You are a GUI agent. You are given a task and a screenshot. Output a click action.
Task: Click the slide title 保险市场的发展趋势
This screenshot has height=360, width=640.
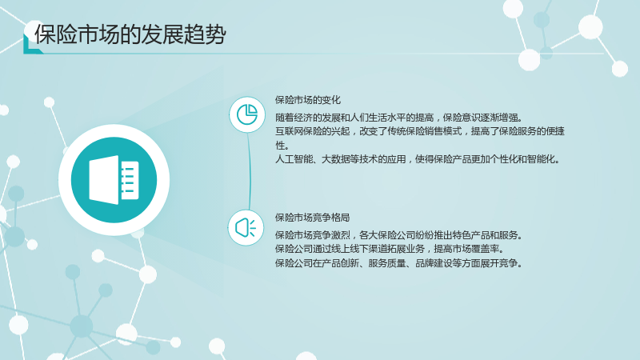click(x=130, y=34)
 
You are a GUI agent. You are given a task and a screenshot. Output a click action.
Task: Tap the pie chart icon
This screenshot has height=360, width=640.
click(x=247, y=114)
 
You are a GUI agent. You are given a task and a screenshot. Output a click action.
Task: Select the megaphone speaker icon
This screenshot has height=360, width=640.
click(x=246, y=228)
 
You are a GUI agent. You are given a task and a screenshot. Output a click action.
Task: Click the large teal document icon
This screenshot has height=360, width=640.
click(x=114, y=180)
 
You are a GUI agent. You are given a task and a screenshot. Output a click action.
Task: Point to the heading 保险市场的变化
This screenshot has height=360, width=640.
click(x=308, y=100)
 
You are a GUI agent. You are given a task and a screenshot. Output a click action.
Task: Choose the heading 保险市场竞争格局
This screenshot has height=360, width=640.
click(x=312, y=218)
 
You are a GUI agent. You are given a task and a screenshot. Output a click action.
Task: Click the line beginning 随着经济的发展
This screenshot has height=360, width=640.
click(x=398, y=118)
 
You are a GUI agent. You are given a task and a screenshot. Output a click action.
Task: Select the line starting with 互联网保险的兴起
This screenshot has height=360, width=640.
click(x=419, y=131)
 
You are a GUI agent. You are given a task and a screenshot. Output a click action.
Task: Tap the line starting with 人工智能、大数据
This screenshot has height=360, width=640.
click(x=417, y=159)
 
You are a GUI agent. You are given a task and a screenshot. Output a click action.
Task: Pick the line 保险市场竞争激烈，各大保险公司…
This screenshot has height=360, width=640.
click(x=398, y=235)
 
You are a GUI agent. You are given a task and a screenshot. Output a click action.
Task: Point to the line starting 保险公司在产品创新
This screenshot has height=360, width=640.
click(x=398, y=263)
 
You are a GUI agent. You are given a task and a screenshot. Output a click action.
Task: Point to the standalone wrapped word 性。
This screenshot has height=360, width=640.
click(x=282, y=146)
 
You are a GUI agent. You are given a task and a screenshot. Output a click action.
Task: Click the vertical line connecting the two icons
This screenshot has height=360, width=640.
click(x=249, y=171)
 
